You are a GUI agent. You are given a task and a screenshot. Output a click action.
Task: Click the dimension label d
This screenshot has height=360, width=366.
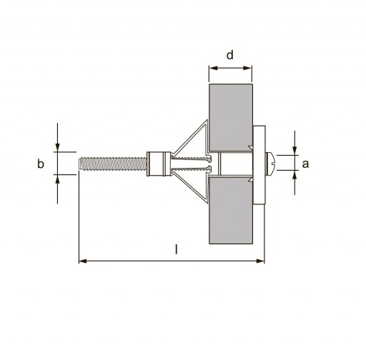229,55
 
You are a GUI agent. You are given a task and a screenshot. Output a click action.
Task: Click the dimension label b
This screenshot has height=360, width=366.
41,164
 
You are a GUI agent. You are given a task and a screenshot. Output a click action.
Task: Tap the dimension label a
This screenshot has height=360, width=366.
305,164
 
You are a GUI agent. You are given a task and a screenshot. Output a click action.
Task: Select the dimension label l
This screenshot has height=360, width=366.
176,249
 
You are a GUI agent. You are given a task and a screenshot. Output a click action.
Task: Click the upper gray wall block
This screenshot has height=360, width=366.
231,117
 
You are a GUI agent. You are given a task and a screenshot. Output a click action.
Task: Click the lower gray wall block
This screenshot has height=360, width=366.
231,211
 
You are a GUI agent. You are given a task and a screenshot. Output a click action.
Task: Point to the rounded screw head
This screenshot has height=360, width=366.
270,164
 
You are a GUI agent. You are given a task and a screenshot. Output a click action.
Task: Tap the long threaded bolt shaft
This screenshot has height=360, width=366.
113,164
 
